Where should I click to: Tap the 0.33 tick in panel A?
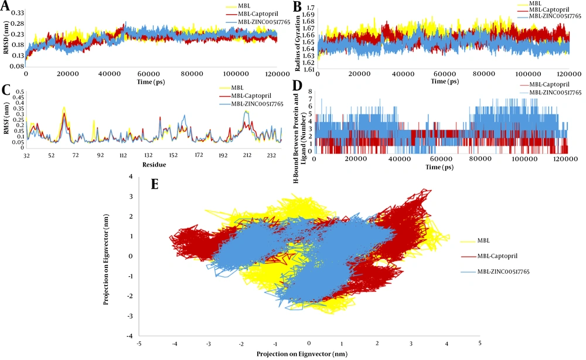(18, 12)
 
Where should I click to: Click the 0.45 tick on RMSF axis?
(19, 97)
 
